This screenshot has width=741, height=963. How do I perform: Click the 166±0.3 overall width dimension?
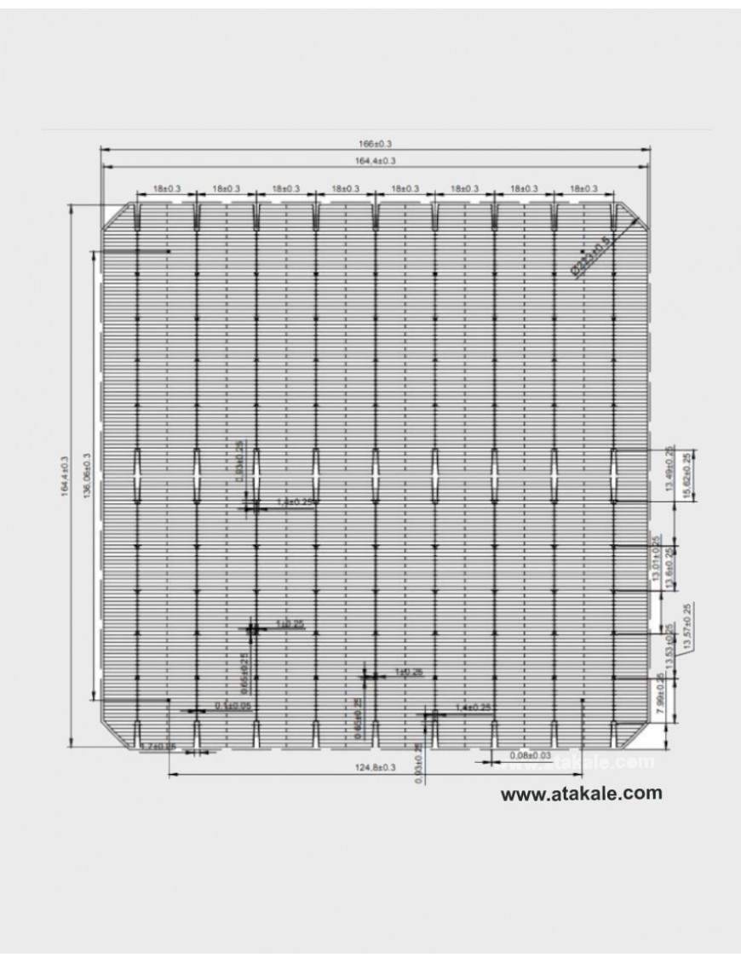(x=375, y=144)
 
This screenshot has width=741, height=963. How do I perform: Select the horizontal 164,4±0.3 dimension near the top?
(x=375, y=160)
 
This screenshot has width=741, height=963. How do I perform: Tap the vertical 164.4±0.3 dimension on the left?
(x=64, y=477)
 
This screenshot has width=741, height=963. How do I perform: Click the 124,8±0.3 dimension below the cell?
(x=375, y=768)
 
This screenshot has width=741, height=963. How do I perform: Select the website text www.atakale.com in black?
(x=581, y=793)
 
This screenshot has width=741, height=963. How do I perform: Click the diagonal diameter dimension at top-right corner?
(x=591, y=256)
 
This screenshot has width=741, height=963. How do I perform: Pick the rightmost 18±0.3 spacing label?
(x=583, y=188)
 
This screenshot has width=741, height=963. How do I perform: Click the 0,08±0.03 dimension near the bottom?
(x=530, y=755)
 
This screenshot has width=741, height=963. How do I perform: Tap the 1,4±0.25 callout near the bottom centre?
(x=474, y=708)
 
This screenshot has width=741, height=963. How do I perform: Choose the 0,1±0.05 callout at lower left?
(x=233, y=706)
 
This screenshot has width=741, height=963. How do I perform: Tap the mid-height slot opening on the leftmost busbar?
(x=137, y=464)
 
